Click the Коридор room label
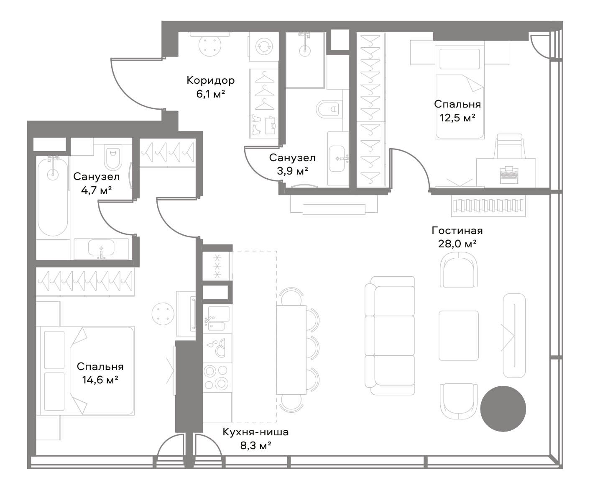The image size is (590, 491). pyautogui.click(x=210, y=81)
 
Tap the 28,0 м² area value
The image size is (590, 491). pyautogui.click(x=457, y=244)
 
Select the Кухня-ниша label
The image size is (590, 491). pyautogui.click(x=255, y=432)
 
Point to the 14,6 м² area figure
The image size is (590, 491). pyautogui.click(x=100, y=380)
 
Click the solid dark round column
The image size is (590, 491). pyautogui.click(x=503, y=409)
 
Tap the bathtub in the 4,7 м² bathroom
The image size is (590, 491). pyautogui.click(x=53, y=197)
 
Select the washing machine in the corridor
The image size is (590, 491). pyautogui.click(x=263, y=46)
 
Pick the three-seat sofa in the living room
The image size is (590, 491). pyautogui.click(x=389, y=335)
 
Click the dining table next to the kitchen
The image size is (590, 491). pyautogui.click(x=291, y=350)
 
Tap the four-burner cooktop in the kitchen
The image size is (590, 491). pyautogui.click(x=217, y=377)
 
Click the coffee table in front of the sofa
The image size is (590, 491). pyautogui.click(x=458, y=335)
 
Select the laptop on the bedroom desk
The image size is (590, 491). pyautogui.click(x=509, y=175)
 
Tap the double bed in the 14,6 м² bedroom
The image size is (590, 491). pyautogui.click(x=87, y=371)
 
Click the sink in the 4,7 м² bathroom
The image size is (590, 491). pyautogui.click(x=101, y=249)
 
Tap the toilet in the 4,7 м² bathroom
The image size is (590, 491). pyautogui.click(x=113, y=157)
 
